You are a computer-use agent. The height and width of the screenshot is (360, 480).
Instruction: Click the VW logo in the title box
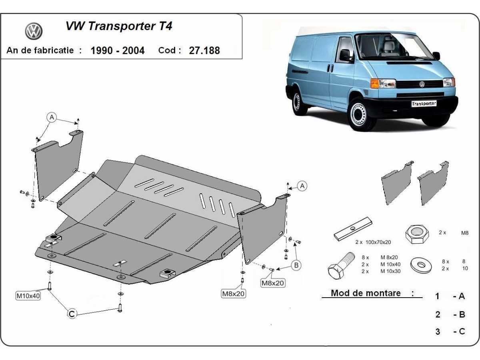point(34,31)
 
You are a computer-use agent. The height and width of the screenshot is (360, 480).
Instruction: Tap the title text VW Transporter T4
point(119,26)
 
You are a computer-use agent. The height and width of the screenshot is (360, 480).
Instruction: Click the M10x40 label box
point(28,296)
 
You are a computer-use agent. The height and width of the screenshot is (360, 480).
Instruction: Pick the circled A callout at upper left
point(51,117)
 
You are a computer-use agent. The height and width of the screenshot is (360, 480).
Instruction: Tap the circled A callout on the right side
point(302,186)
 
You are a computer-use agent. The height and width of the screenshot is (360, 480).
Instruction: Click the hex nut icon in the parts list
point(417,234)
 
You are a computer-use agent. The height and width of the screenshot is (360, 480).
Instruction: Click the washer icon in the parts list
point(421,265)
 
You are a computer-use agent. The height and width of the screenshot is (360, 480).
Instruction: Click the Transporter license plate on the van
point(424,103)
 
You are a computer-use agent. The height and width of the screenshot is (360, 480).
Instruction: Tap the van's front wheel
point(358,114)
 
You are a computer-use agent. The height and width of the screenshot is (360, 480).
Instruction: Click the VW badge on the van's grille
point(422,84)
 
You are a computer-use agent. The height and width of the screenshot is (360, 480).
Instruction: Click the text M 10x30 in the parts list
point(390,271)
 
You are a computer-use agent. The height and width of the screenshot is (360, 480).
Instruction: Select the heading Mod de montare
point(366,293)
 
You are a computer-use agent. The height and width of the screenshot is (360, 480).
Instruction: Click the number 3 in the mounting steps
point(438,331)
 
